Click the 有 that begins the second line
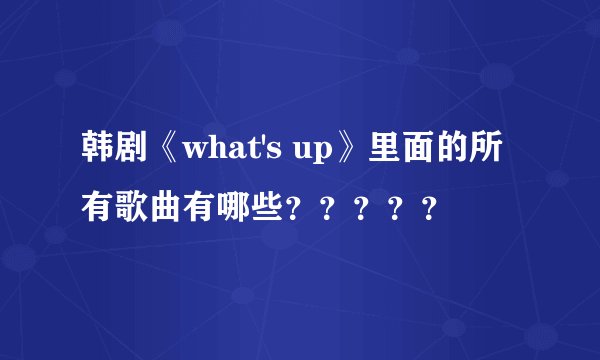pyautogui.click(x=99, y=208)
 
